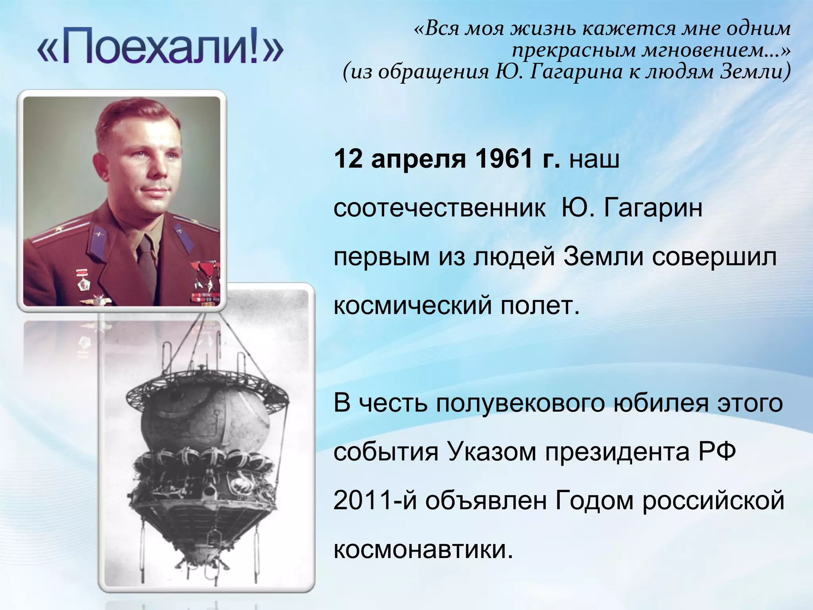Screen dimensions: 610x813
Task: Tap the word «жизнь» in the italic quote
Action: point(545,29)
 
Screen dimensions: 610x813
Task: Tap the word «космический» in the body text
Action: point(412,306)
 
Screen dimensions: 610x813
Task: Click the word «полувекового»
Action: point(520,403)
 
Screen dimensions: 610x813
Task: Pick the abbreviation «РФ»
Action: point(717,452)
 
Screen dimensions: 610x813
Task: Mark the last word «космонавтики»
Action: point(421,550)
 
